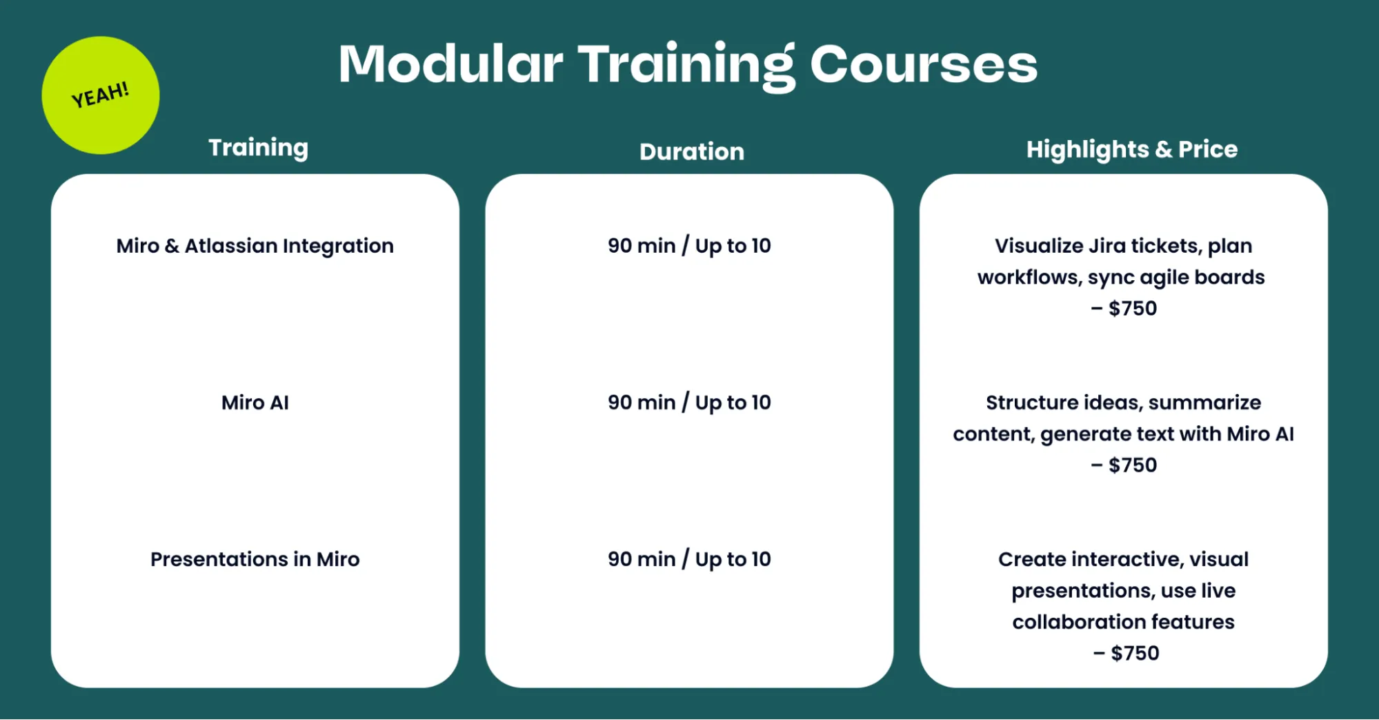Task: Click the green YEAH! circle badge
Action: (101, 95)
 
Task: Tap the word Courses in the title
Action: (923, 64)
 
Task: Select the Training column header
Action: (258, 148)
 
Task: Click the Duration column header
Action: (691, 152)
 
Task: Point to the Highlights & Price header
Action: (1131, 149)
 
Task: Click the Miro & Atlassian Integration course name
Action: (255, 246)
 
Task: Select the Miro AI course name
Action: (255, 402)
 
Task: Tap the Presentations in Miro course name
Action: (255, 559)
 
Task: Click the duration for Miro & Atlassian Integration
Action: (688, 246)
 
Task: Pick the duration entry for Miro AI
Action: (688, 402)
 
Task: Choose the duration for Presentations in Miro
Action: (688, 559)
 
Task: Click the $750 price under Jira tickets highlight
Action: (1132, 309)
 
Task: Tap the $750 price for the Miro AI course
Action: (1132, 465)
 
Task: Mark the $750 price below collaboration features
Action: (1134, 653)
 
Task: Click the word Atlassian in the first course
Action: (230, 246)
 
